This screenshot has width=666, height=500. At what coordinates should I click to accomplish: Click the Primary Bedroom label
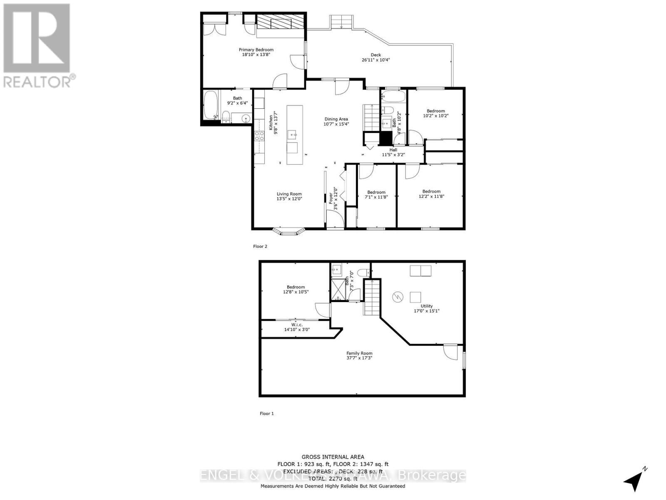click(x=256, y=50)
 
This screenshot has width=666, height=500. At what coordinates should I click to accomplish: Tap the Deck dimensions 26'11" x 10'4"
click(x=375, y=60)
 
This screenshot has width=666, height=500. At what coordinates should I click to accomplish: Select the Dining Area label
click(x=336, y=119)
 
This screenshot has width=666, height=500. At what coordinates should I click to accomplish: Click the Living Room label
click(x=289, y=194)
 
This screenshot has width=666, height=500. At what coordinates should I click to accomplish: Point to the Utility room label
click(x=426, y=306)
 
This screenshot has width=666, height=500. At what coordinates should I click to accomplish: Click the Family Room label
click(x=359, y=353)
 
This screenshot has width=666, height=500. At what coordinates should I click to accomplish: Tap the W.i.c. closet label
click(x=296, y=325)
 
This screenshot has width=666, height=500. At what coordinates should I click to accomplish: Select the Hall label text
click(x=393, y=150)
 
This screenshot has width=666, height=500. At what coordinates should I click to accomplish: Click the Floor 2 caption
click(x=260, y=246)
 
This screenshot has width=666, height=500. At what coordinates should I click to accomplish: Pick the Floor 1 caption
click(x=267, y=414)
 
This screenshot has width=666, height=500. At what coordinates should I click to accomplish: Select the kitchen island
click(x=295, y=135)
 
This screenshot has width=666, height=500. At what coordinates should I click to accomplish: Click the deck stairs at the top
click(x=342, y=22)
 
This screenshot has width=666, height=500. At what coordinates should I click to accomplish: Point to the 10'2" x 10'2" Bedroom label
click(x=435, y=111)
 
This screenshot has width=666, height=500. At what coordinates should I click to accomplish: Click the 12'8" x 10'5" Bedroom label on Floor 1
click(x=296, y=287)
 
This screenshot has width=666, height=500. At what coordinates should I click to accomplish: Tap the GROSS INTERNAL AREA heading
click(x=333, y=457)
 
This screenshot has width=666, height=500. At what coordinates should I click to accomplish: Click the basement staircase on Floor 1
click(x=372, y=297)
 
